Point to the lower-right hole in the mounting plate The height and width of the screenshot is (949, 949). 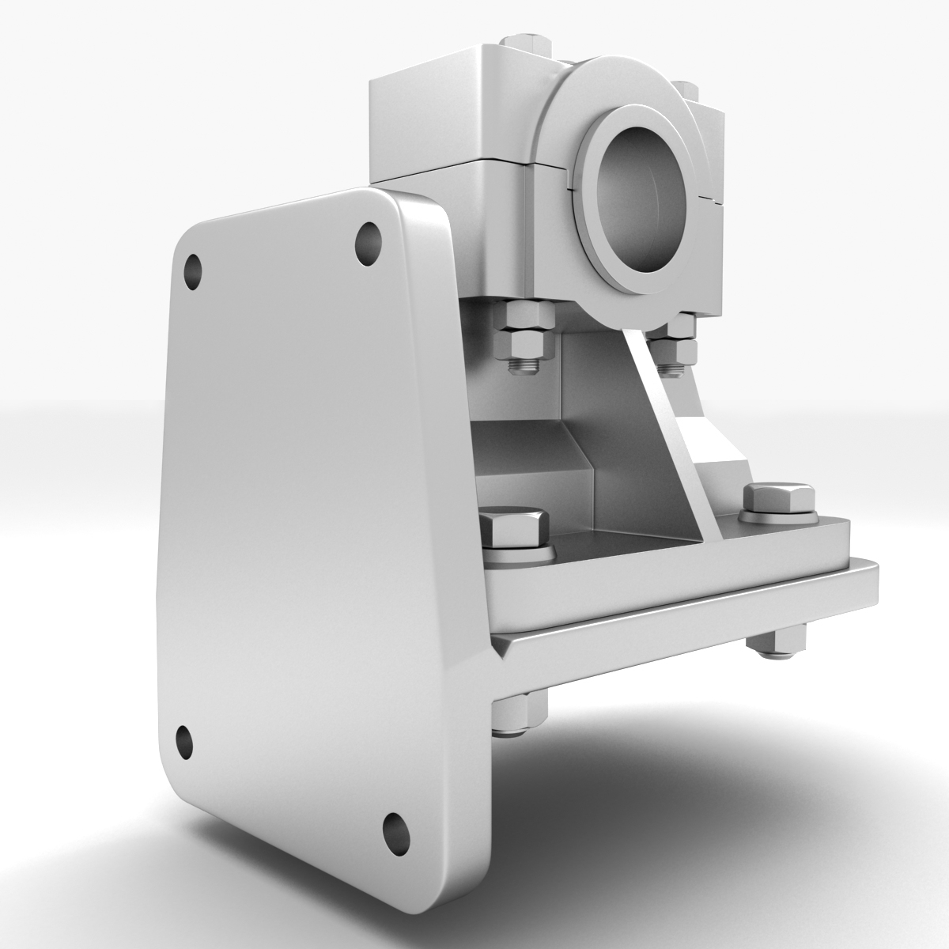tap(394, 830)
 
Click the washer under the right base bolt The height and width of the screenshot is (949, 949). tap(779, 516)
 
